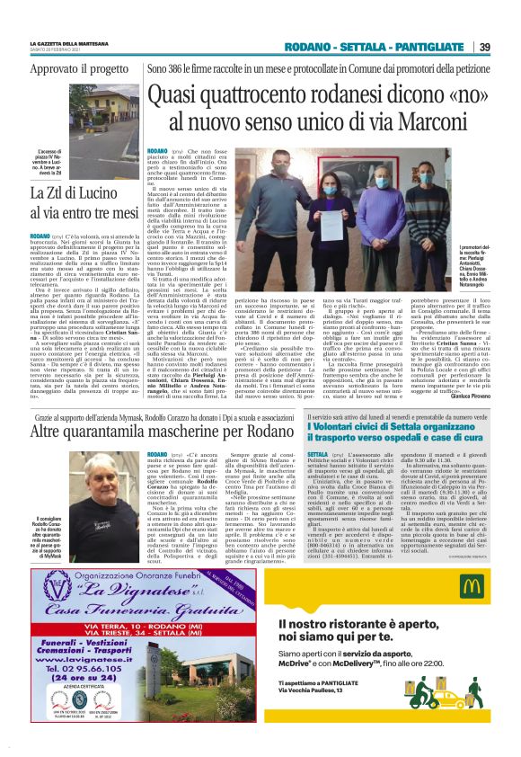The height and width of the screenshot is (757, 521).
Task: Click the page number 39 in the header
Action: coord(484,48)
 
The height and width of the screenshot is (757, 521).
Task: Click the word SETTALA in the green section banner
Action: coord(371,48)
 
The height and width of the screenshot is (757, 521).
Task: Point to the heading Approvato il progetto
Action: coord(79,68)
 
